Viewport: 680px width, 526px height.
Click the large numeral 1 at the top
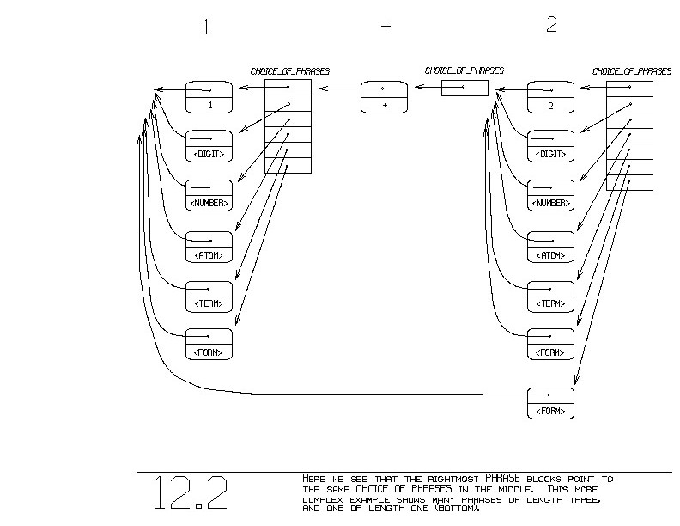(206, 27)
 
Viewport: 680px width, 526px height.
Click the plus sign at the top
(386, 26)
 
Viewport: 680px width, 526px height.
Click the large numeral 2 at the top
(551, 25)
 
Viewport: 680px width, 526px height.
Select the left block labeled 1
(209, 96)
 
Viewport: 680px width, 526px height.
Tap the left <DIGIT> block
(209, 146)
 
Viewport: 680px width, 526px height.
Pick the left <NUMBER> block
(209, 196)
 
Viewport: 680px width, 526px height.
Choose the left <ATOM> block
(209, 247)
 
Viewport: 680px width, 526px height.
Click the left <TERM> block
(209, 296)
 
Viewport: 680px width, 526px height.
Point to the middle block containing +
(383, 96)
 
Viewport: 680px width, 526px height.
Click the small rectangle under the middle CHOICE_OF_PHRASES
(464, 88)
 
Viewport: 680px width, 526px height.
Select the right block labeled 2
(550, 96)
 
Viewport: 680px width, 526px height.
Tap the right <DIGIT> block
(550, 146)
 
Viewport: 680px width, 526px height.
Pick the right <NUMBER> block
(550, 196)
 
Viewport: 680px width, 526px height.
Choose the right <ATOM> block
(550, 247)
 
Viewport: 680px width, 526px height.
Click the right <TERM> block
(550, 296)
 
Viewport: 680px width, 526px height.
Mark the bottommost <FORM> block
(550, 403)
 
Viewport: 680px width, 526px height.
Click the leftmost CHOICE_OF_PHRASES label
(290, 71)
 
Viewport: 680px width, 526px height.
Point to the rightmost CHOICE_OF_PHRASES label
(632, 71)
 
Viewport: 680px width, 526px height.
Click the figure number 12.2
(191, 492)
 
